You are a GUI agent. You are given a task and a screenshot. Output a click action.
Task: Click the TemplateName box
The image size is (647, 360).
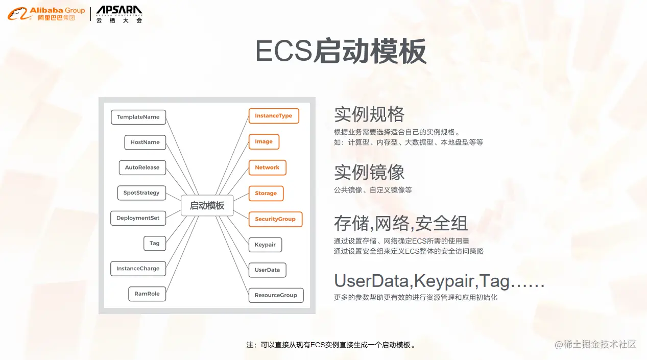[138, 117]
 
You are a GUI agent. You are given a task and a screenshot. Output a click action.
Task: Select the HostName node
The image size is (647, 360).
[145, 142]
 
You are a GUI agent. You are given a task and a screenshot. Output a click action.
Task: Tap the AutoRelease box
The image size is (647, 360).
[142, 167]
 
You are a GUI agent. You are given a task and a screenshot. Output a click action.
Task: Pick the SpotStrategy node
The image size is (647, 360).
[141, 193]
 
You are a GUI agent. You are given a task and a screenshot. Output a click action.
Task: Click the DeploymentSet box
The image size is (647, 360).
[138, 218]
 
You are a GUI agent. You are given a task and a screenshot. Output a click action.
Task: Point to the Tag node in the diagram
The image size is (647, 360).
[154, 243]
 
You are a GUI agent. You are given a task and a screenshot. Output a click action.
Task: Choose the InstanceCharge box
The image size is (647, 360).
[138, 269]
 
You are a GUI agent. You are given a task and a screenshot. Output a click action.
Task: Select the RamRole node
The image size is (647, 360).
[147, 294]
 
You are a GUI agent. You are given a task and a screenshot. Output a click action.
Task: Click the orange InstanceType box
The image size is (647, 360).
[273, 116]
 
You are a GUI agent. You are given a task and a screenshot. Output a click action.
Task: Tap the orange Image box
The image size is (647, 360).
[263, 141]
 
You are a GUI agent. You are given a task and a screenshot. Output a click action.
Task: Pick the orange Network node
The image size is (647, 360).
[267, 167]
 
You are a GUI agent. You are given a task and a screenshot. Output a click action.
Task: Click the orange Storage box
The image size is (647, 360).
[266, 194]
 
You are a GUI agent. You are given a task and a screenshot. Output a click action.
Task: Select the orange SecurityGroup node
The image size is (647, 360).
[275, 219]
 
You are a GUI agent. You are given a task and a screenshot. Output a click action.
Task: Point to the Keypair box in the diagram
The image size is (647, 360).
[265, 245]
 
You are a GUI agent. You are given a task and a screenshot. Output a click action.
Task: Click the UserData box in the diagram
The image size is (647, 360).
[267, 270]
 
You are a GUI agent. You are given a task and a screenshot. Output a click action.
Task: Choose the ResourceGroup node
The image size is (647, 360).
[276, 295]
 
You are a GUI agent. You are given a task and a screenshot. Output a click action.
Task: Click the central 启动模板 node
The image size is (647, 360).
[207, 206]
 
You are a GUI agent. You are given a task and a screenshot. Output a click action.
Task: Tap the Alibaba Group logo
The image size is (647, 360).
[46, 14]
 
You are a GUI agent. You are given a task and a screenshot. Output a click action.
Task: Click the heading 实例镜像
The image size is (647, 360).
[369, 172]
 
